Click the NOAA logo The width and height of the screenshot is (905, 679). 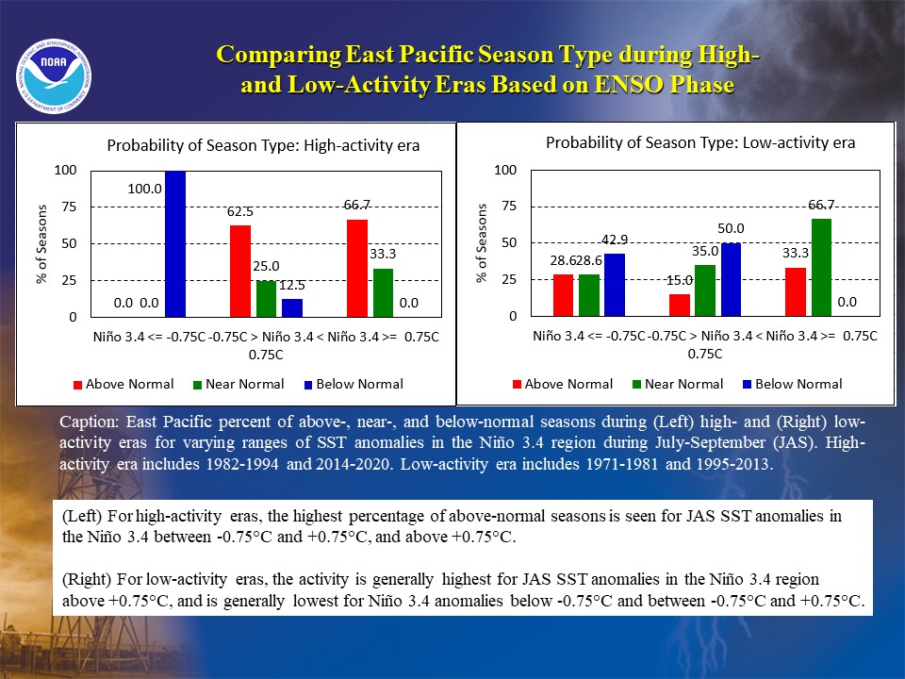coord(54,76)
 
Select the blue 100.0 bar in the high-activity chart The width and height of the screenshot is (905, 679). coord(175,243)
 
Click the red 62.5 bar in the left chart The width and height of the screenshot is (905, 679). coord(240,271)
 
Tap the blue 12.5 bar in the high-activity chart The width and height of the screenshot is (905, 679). coord(292,307)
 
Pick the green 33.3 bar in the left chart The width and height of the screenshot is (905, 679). coord(383,292)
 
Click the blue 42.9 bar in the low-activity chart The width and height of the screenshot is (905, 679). coord(614,285)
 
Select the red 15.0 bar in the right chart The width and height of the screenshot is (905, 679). coord(680,305)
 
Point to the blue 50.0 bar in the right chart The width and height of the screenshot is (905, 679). coord(731,279)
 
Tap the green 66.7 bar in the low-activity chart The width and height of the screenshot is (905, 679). coord(821,267)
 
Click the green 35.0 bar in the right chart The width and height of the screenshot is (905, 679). coord(705,290)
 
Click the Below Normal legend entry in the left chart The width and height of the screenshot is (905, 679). coord(354,385)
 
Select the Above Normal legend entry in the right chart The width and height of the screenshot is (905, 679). coord(563,385)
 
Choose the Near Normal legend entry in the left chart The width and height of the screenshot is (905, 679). coord(239,385)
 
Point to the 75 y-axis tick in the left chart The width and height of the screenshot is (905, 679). coord(69,207)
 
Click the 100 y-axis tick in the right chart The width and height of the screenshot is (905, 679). coord(505,170)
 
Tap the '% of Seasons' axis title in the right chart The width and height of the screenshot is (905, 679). coord(482,243)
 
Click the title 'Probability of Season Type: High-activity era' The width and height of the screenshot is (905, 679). coord(263,145)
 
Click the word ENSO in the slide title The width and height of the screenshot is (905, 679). coord(629,84)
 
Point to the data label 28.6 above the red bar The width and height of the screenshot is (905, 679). coord(563,261)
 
